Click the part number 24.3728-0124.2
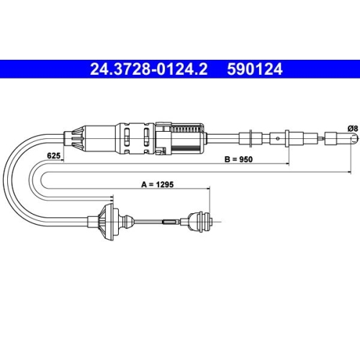[148, 69]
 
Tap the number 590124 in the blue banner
[255, 69]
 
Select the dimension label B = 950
[238, 159]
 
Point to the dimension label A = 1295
[158, 184]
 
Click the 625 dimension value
[53, 156]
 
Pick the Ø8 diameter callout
[353, 129]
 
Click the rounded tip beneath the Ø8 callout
[355, 139]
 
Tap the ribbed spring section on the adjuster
[186, 130]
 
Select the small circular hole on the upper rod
[278, 138]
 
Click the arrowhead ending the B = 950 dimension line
[287, 164]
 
